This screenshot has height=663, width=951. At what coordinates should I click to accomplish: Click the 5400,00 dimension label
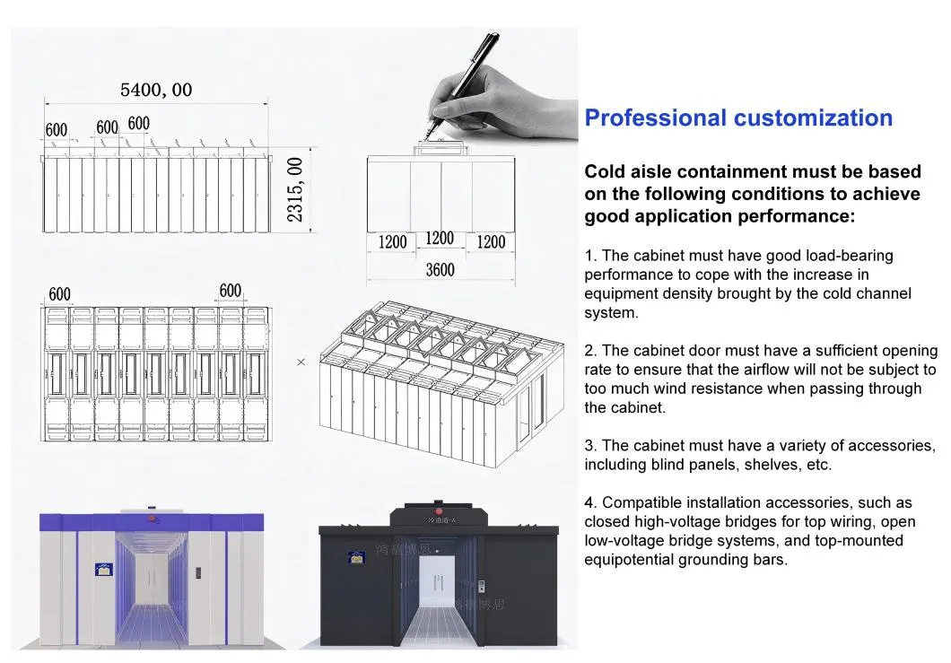coord(156,90)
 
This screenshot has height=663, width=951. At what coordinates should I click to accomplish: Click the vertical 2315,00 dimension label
coord(295,191)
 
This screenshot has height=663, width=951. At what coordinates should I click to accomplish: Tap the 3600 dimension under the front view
coord(440,270)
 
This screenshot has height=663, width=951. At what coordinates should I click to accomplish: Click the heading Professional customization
coord(738,118)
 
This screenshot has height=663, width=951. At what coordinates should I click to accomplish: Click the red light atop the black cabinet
coord(438,504)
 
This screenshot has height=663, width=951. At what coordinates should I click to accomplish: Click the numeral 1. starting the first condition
coord(590,256)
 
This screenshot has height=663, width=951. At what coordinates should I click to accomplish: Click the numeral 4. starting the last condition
coord(590,502)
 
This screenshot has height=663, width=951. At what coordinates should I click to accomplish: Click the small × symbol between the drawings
coord(301,362)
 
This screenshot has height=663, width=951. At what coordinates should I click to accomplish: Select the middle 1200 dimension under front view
coord(439,239)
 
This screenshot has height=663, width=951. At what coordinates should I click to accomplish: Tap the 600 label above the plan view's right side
coord(230,290)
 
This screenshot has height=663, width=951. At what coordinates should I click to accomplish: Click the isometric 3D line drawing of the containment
coord(440,377)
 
